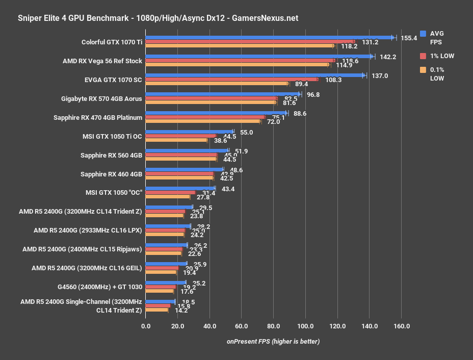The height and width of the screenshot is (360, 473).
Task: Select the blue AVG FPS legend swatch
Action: pos(423,34)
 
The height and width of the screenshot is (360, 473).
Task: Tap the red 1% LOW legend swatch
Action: pos(423,56)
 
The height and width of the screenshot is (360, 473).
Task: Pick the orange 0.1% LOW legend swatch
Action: pos(423,70)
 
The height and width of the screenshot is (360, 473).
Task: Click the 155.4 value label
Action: pos(409,38)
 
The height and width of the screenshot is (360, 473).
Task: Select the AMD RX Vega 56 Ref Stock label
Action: pos(102,61)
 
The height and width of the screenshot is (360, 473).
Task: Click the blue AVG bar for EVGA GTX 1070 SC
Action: pos(255,75)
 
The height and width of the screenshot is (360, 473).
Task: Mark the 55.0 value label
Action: pos(246,132)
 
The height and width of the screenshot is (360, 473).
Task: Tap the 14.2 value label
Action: pos(181,310)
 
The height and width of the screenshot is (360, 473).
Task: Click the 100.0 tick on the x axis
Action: pos(305,326)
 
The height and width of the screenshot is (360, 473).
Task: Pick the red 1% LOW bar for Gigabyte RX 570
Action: pos(211,98)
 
